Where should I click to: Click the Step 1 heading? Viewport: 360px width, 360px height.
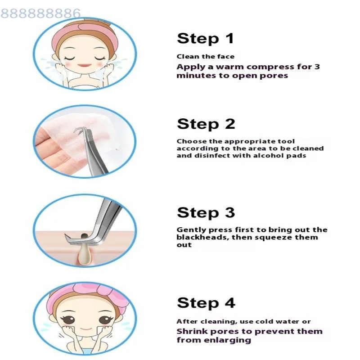(x=206, y=38)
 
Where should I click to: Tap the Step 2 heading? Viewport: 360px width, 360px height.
(x=206, y=124)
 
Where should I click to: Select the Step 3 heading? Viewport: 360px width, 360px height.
(x=206, y=212)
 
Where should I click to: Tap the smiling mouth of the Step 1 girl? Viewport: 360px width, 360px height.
(x=84, y=65)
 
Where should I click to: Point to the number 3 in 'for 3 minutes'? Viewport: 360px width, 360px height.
(x=317, y=67)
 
